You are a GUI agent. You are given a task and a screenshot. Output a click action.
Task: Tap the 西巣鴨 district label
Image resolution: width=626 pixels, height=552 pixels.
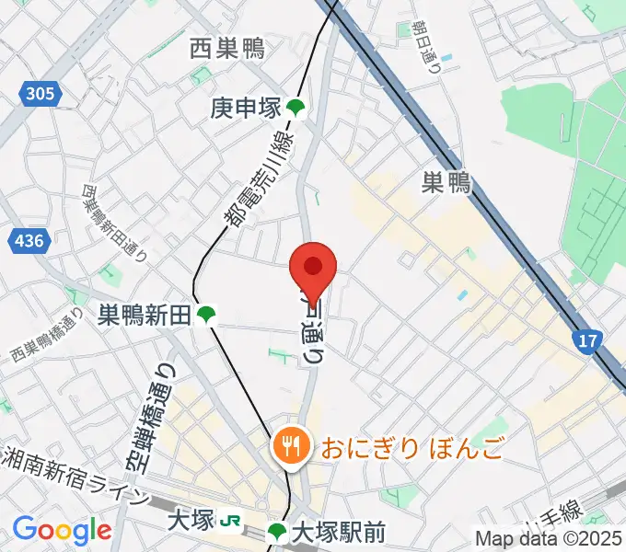tap(227, 49)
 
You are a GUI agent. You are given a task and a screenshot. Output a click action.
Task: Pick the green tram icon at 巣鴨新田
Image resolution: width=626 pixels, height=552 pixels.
tap(206, 316)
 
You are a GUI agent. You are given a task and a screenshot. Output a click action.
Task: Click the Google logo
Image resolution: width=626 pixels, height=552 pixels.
tap(62, 530)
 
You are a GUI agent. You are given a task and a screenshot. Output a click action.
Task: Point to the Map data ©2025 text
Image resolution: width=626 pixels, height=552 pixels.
tap(549, 538)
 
